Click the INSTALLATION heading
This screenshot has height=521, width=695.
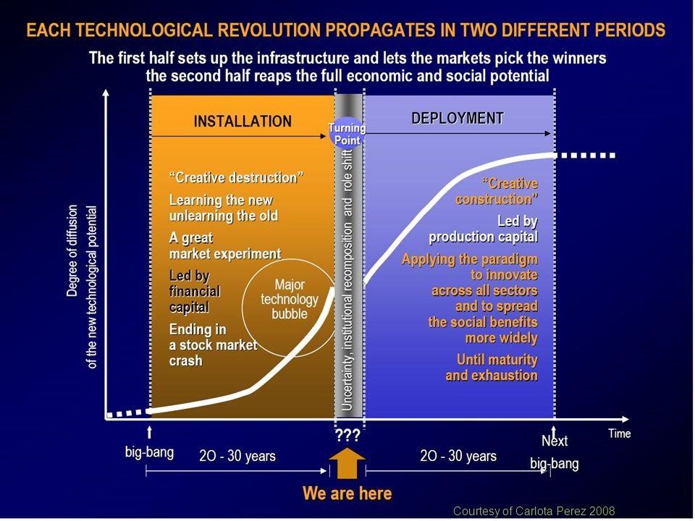pos(243,121)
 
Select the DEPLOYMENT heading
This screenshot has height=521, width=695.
pos(458,118)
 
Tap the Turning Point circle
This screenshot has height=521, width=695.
pos(347,133)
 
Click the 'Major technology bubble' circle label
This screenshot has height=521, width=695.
pos(290,299)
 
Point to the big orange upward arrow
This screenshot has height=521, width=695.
pos(347,463)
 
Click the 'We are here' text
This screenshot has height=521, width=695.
pos(347,493)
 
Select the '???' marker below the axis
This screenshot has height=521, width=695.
pos(347,435)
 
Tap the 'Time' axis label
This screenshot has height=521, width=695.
pos(619,433)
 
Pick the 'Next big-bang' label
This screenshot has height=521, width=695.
pos(555,452)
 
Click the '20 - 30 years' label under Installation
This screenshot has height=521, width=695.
pos(237,455)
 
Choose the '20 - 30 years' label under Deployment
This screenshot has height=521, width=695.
pos(458,455)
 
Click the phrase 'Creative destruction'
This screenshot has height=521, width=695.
pos(236,178)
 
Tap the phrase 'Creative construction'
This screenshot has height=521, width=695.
pos(497,191)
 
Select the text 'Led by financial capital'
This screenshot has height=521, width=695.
pos(195,292)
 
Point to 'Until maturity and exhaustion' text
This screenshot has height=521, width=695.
pos(492,368)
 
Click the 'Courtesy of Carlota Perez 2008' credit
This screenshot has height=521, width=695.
pos(534,511)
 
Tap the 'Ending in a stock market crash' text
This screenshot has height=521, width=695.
pos(213,345)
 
